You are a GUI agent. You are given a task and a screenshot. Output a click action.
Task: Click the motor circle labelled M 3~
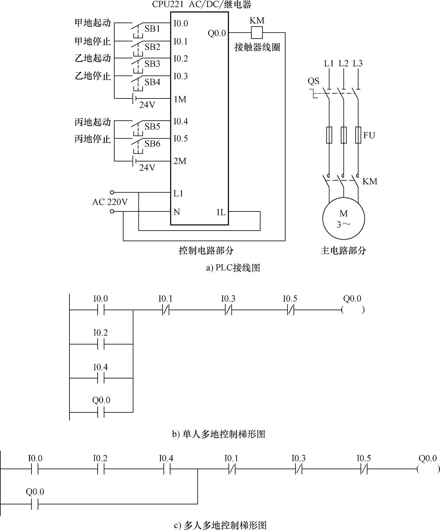[x=343, y=219]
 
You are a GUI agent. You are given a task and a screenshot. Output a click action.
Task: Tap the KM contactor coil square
[x=256, y=32]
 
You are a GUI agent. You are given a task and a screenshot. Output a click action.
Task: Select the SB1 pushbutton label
[x=152, y=29]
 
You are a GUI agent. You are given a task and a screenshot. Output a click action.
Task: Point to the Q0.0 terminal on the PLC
[x=217, y=33]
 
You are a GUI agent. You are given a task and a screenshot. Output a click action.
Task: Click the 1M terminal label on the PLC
[x=180, y=99]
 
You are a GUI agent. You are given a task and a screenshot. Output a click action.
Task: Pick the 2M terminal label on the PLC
[x=180, y=161]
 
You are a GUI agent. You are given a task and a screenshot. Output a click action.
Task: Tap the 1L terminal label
[x=221, y=212]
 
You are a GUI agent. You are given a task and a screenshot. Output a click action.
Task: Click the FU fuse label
[x=369, y=135]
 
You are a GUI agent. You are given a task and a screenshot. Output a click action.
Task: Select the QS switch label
[x=313, y=81]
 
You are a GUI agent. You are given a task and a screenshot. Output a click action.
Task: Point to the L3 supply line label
[x=357, y=64]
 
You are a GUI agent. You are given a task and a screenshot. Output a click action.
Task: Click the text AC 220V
[x=110, y=202]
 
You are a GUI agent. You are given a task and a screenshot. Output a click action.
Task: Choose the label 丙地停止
[x=93, y=139]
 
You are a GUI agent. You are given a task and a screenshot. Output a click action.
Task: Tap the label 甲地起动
[x=93, y=23]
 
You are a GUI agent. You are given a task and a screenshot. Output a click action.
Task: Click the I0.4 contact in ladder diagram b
[x=101, y=378]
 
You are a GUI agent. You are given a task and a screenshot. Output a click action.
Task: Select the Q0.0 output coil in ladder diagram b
[x=353, y=310]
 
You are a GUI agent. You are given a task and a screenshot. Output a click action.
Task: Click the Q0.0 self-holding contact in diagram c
[x=35, y=504]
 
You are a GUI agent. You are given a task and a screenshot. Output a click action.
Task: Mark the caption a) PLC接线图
[x=233, y=268]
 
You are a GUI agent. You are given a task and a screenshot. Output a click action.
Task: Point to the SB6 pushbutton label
[x=152, y=144]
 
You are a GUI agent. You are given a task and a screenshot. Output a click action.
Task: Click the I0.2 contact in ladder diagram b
[x=101, y=344]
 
